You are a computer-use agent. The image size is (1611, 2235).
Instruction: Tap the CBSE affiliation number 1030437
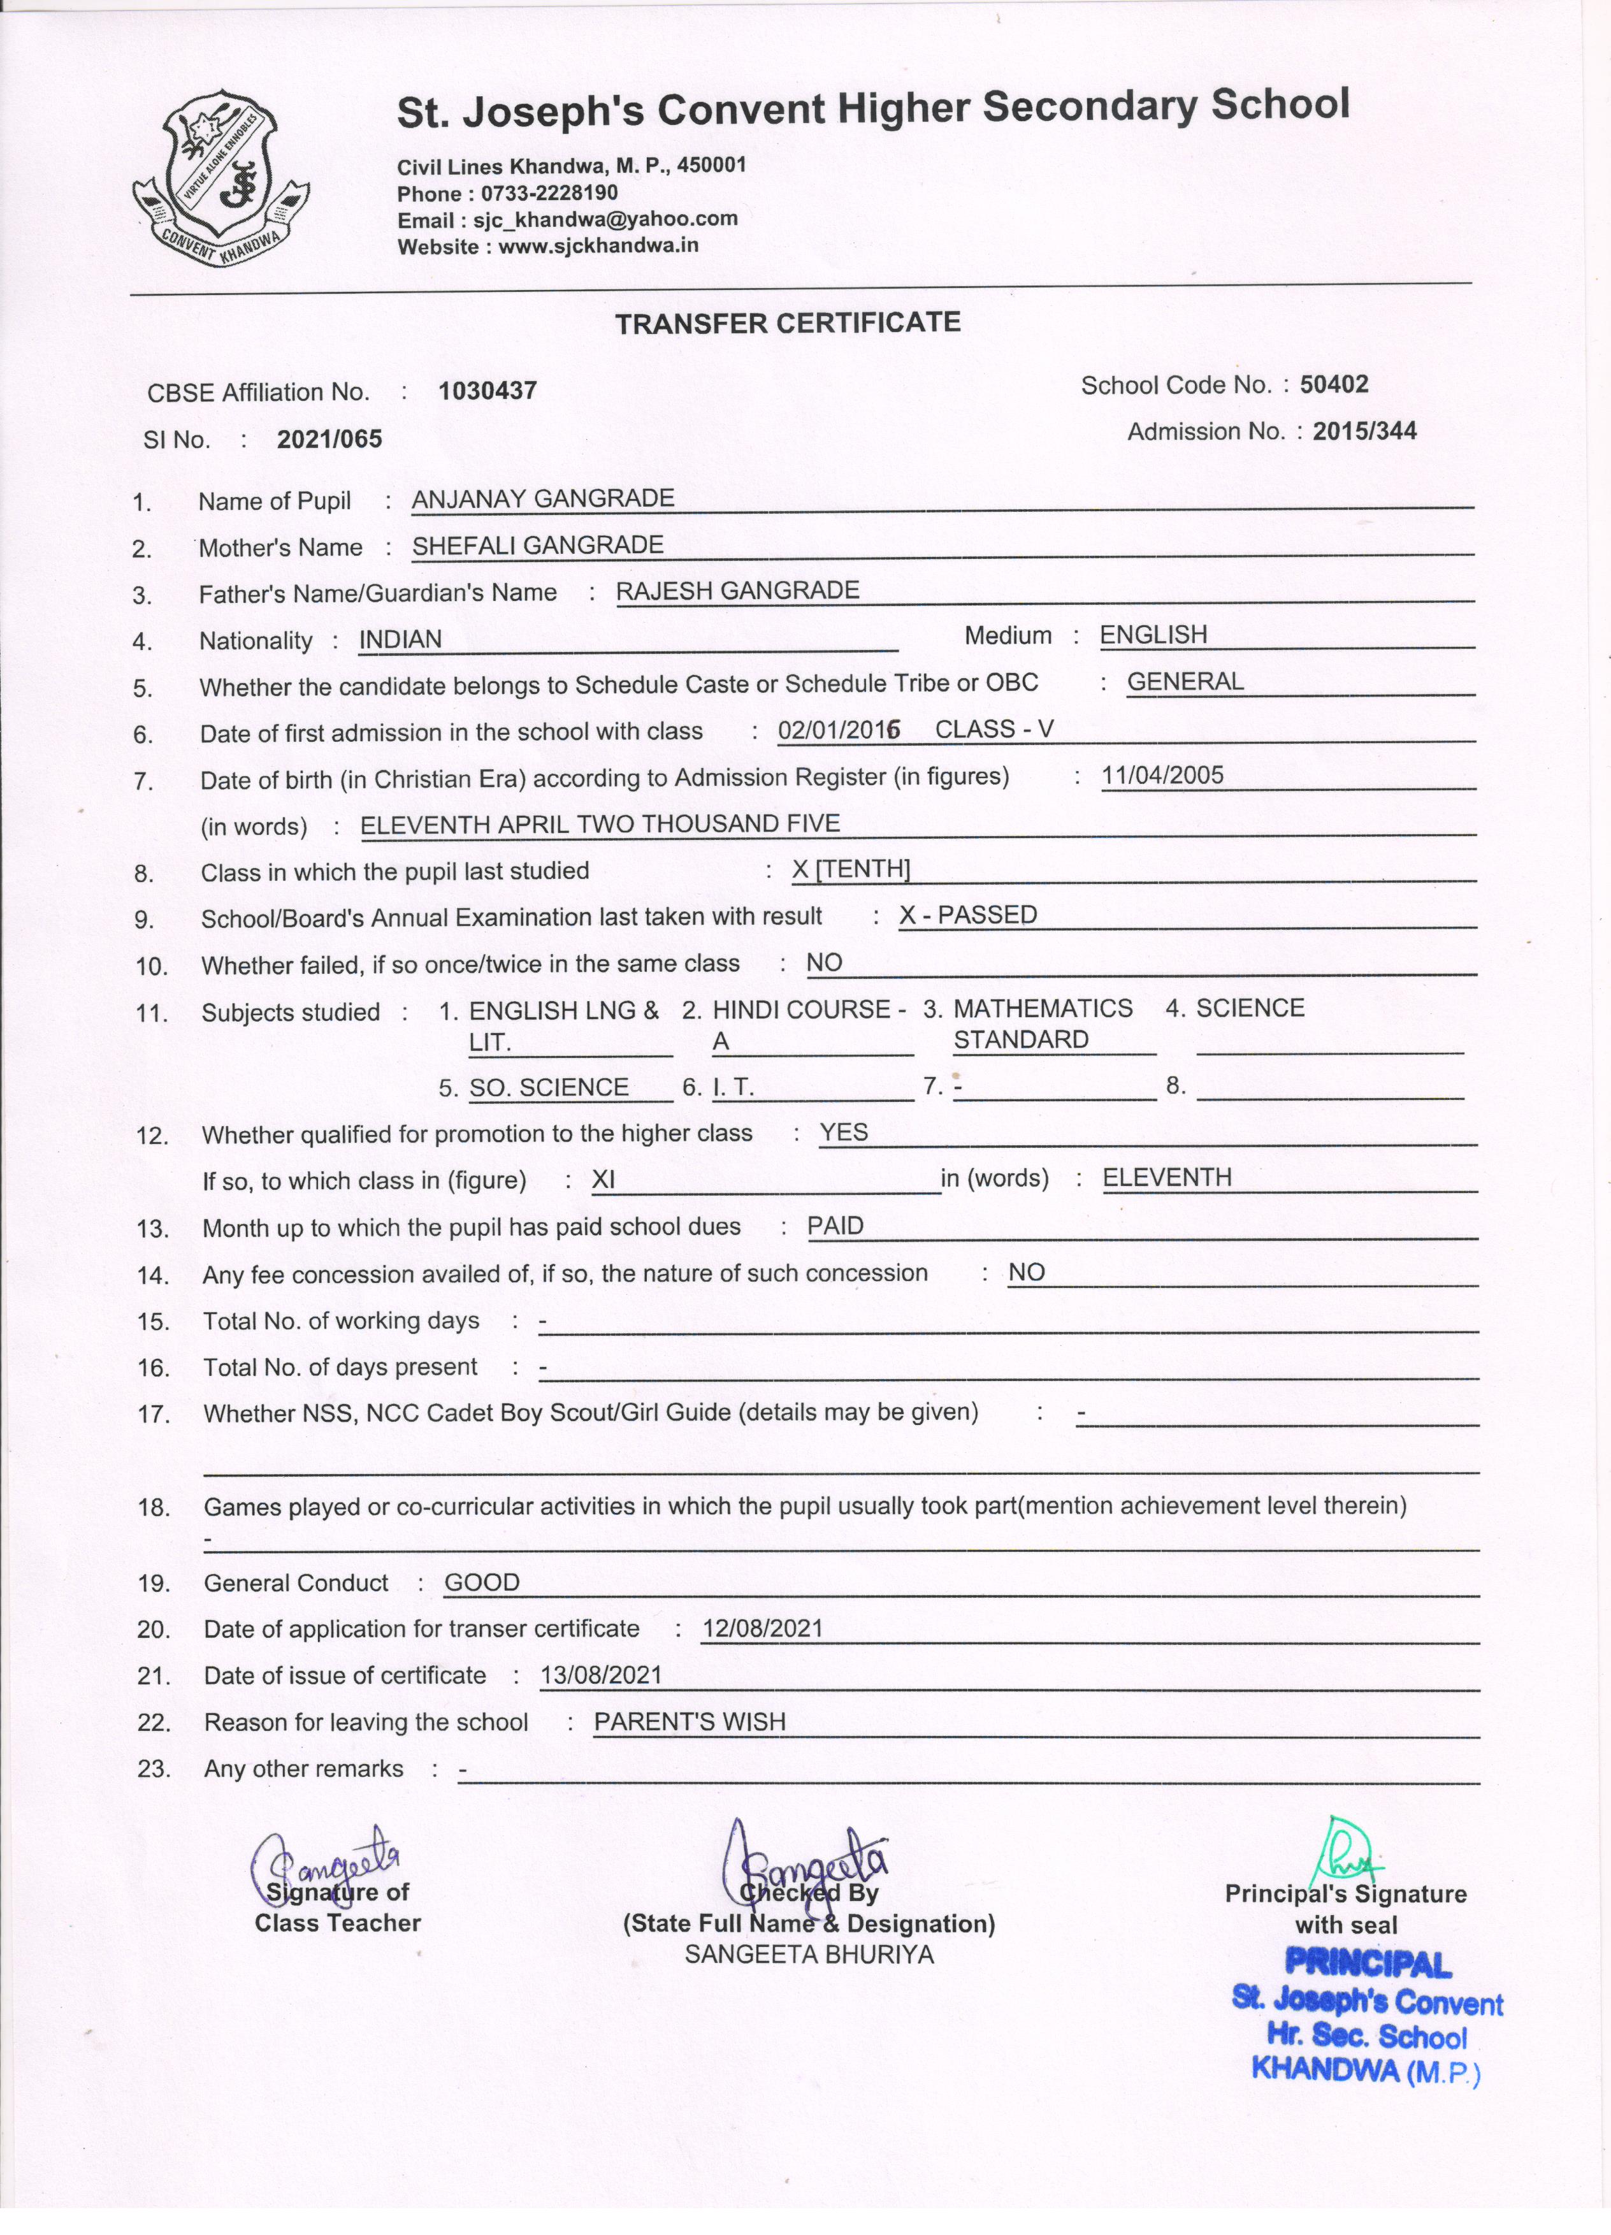(x=488, y=391)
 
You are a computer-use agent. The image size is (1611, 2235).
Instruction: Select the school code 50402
(x=1334, y=384)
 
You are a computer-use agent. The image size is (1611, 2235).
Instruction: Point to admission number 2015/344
(x=1364, y=431)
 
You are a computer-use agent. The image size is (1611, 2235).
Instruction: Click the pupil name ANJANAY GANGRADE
(x=543, y=498)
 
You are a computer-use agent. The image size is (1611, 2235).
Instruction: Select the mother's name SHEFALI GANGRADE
(x=538, y=545)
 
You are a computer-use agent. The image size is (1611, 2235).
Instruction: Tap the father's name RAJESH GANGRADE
(x=738, y=590)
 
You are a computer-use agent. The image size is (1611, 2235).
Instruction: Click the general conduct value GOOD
(x=482, y=1582)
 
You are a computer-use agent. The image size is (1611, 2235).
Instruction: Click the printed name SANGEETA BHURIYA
(x=809, y=1954)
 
